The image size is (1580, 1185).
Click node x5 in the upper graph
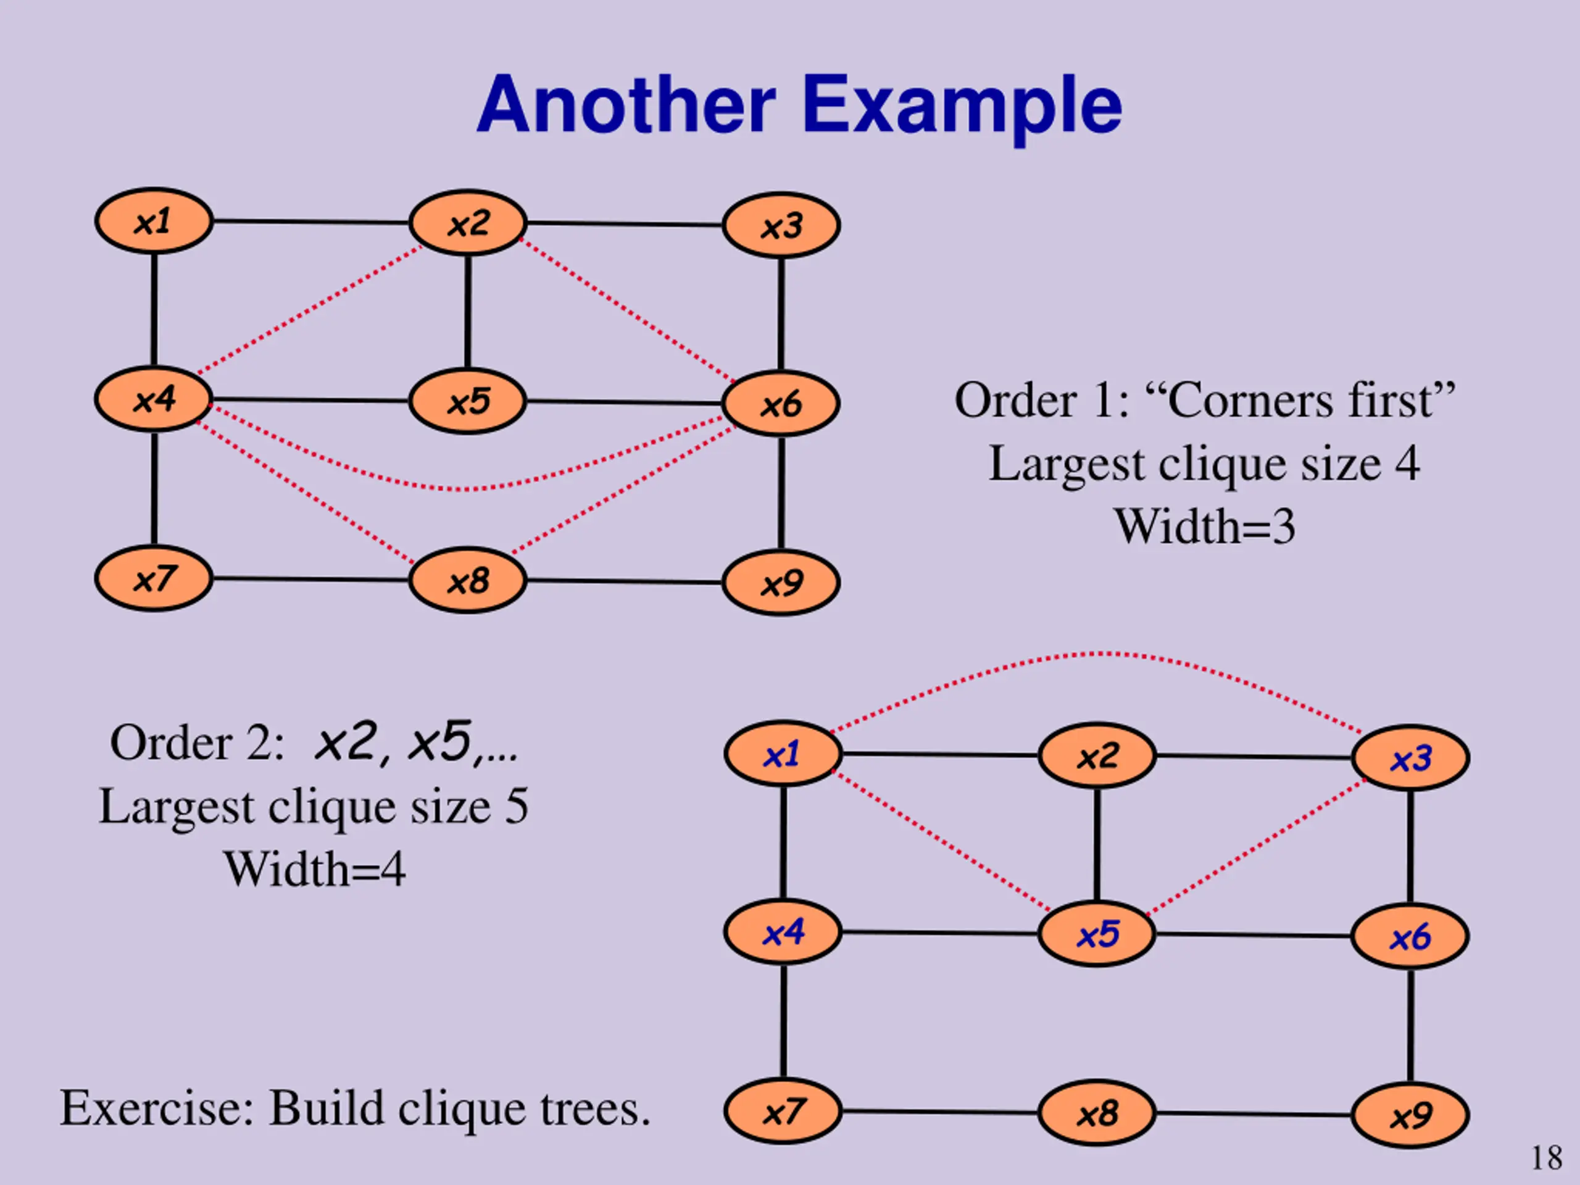point(468,401)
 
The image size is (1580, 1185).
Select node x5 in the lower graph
point(1096,934)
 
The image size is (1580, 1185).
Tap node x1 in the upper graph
point(154,222)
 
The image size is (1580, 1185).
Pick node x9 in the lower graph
point(1411,1115)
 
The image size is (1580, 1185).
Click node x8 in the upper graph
point(468,580)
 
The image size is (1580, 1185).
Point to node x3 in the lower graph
point(1411,757)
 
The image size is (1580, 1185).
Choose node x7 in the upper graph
point(154,578)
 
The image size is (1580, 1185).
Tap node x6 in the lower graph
point(1411,936)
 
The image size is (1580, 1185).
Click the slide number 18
point(1547,1158)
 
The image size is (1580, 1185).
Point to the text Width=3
point(1204,527)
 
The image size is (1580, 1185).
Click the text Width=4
point(314,869)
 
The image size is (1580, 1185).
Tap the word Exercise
point(156,1108)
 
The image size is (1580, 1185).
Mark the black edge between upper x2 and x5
point(468,313)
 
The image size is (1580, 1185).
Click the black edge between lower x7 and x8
point(940,1112)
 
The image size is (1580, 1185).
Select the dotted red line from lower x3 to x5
point(1255,847)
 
